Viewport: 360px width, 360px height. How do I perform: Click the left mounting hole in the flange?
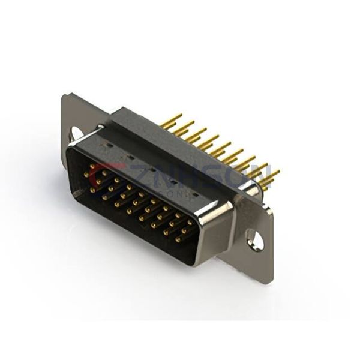(x=77, y=133)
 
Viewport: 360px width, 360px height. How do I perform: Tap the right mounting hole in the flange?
(x=256, y=241)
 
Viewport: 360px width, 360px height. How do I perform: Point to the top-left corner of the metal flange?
(x=64, y=95)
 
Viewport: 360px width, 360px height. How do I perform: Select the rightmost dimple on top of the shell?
(x=193, y=195)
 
